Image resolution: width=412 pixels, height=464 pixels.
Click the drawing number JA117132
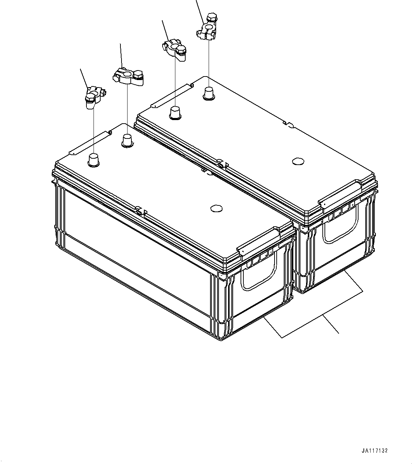coord(375,451)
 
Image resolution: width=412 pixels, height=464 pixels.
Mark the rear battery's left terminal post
coord(175,113)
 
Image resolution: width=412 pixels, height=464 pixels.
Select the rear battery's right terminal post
coord(208,93)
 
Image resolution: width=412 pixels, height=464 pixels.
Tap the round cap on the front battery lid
coord(216,208)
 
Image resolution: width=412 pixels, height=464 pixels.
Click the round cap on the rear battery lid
coord(298,162)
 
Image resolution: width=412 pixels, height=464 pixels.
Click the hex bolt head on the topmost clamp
coord(212,17)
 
